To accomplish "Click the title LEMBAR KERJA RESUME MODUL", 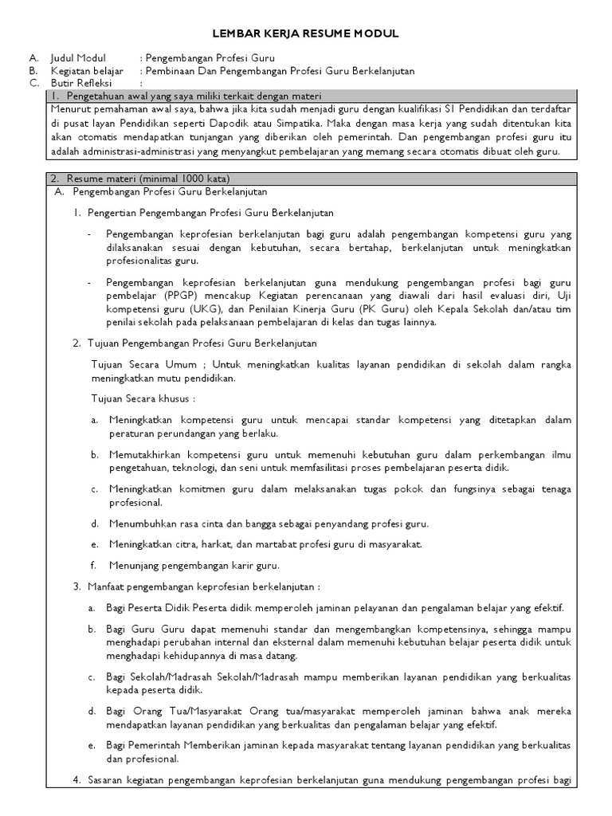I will (x=305, y=33).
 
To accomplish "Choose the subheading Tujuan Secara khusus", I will (x=143, y=398).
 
